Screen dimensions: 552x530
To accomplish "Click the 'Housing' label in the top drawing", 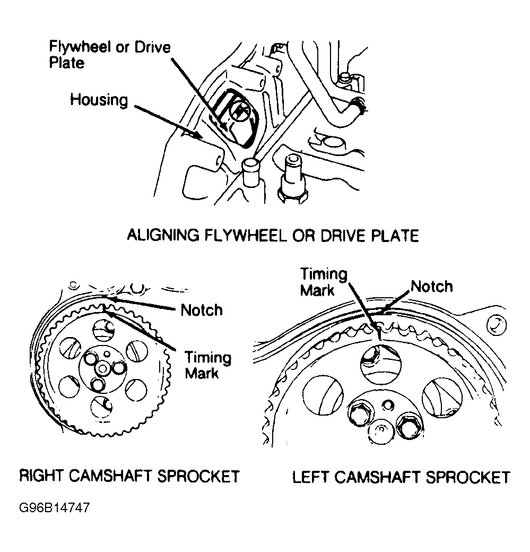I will tap(99, 100).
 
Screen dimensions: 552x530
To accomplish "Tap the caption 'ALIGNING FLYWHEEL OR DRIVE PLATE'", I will tap(273, 235).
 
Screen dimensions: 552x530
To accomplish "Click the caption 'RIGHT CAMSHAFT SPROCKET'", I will tap(129, 476).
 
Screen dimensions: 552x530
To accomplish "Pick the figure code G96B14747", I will tap(54, 507).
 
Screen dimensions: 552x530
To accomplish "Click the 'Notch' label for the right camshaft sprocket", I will tap(202, 309).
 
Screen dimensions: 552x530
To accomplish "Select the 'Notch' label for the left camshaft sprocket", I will tap(432, 287).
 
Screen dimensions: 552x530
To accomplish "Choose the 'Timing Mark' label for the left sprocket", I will tap(323, 282).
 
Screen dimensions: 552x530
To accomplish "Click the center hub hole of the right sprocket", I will tap(102, 367).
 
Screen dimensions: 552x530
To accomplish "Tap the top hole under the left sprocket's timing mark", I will tap(379, 363).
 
